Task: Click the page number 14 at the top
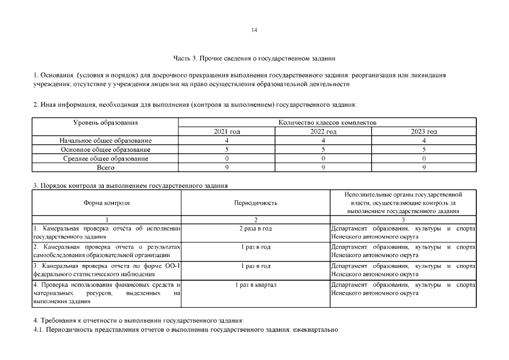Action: pyautogui.click(x=254, y=30)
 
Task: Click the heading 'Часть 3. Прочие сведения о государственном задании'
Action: pyautogui.click(x=254, y=58)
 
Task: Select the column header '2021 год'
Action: pyautogui.click(x=227, y=131)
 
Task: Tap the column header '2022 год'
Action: pyautogui.click(x=323, y=131)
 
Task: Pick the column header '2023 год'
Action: pyautogui.click(x=424, y=131)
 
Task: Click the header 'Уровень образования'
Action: pyautogui.click(x=106, y=122)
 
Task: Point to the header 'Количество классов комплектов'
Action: pyautogui.click(x=327, y=122)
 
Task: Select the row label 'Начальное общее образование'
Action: pyautogui.click(x=106, y=140)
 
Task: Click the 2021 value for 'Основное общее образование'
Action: pyautogui.click(x=227, y=149)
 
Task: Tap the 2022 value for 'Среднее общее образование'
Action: pyautogui.click(x=323, y=158)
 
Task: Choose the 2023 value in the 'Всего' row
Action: pyautogui.click(x=424, y=167)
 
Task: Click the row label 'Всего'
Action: pyautogui.click(x=106, y=167)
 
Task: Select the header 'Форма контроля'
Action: pyautogui.click(x=107, y=202)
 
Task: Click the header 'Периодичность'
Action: pyautogui.click(x=255, y=202)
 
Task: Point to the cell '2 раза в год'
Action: pyautogui.click(x=255, y=228)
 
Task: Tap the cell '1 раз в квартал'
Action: pyautogui.click(x=255, y=285)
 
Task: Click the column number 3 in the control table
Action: pyautogui.click(x=403, y=219)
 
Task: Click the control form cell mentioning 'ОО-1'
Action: pyautogui.click(x=106, y=269)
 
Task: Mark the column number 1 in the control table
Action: pyautogui.click(x=107, y=219)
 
